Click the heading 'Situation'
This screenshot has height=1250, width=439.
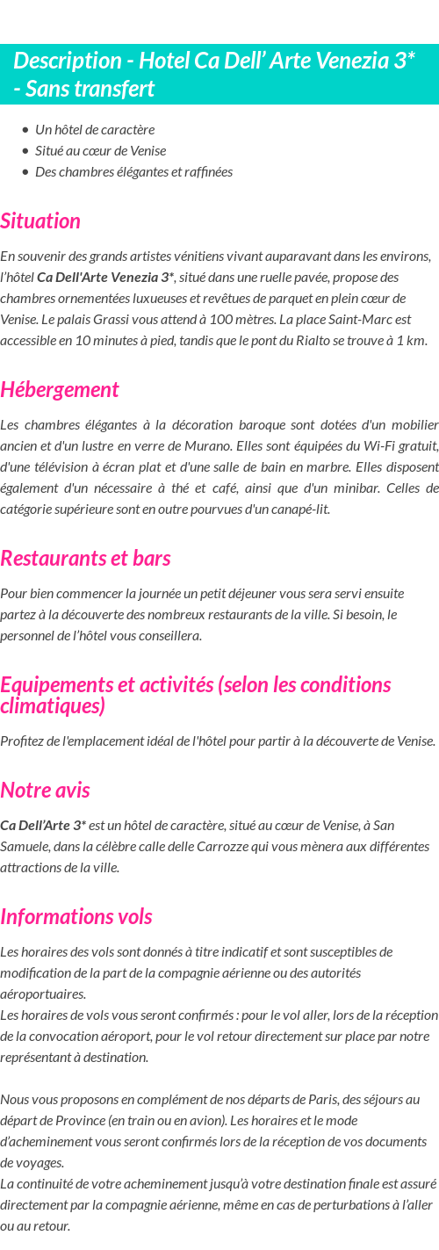[x=40, y=221]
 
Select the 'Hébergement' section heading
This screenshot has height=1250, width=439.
[x=60, y=390]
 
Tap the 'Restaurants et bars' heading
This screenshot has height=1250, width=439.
[x=85, y=559]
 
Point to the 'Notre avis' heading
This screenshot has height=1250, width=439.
[x=45, y=791]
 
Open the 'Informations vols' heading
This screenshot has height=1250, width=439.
[x=76, y=917]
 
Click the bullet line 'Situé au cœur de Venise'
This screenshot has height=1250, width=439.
[x=100, y=151]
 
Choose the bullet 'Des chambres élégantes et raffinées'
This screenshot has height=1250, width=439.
[x=133, y=172]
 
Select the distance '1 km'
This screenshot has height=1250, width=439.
[x=410, y=341]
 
